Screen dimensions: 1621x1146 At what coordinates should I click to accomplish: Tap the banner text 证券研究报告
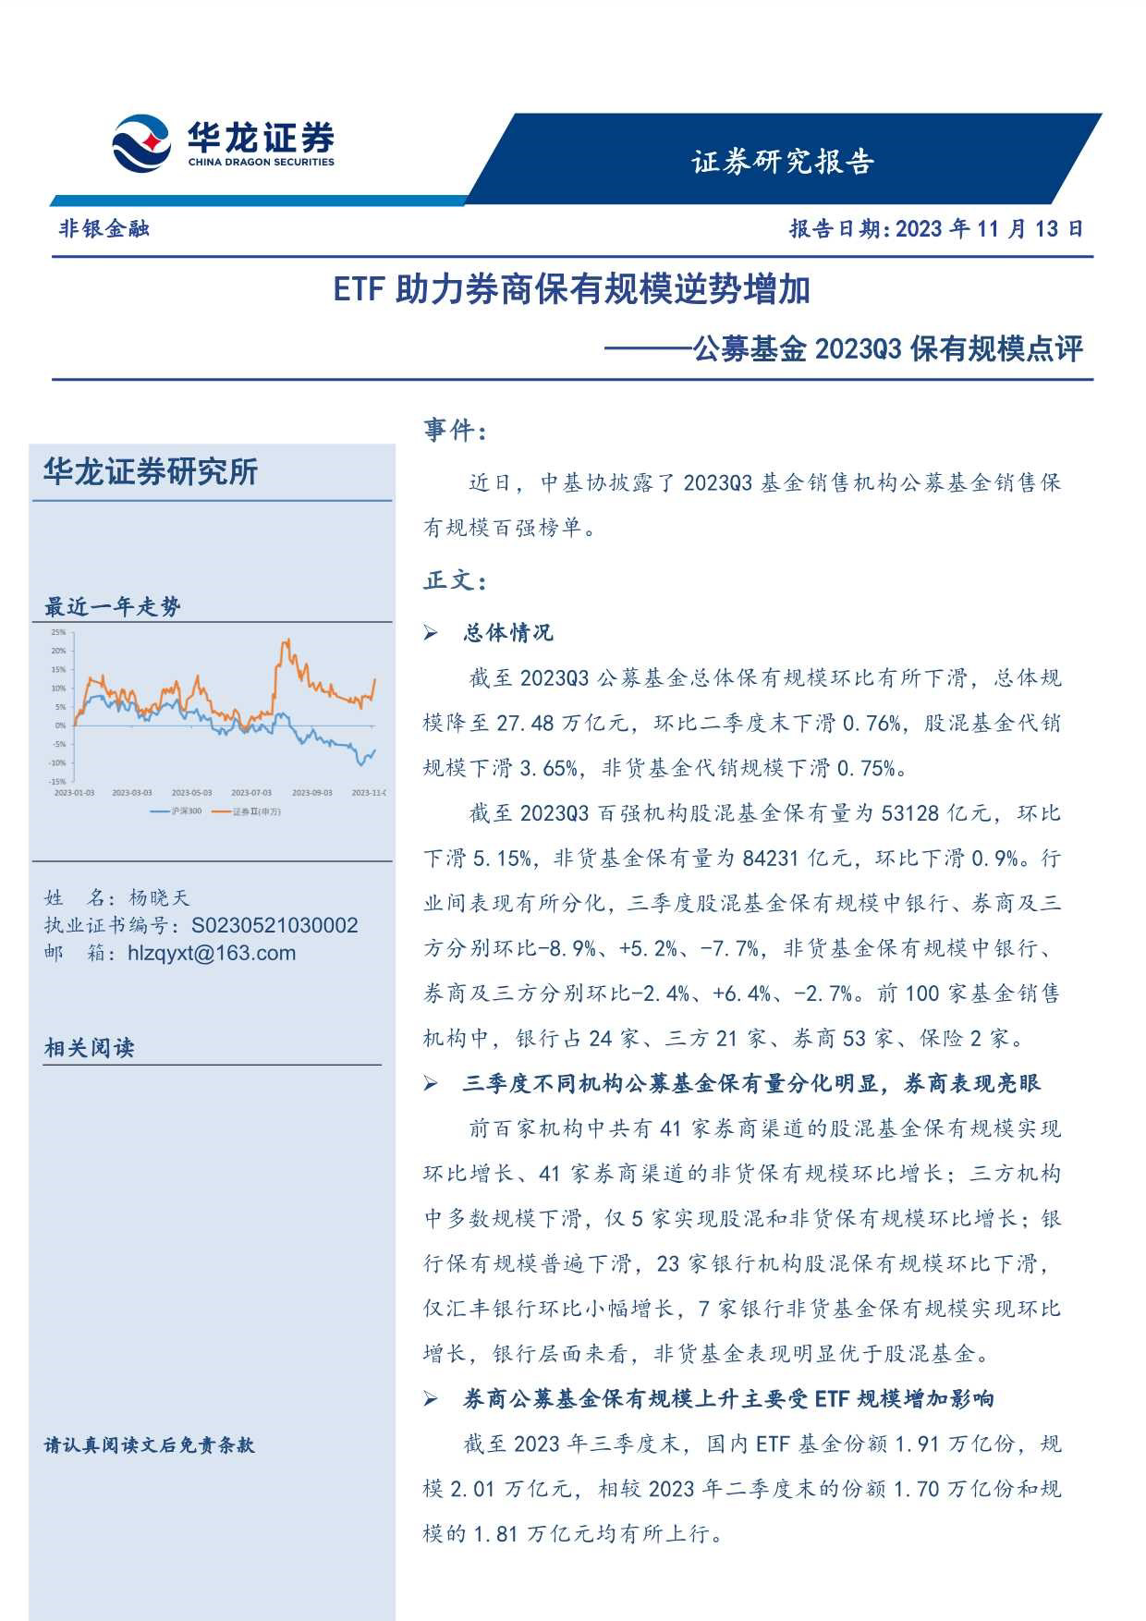point(782,162)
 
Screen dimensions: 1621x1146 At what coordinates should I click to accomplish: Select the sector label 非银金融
point(104,228)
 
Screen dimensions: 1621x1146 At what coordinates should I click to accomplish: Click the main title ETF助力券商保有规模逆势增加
point(571,290)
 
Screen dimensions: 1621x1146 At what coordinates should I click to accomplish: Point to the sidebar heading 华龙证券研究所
point(151,472)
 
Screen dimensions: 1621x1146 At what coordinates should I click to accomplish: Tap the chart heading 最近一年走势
point(112,607)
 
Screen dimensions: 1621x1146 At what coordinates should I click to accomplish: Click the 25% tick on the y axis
point(58,632)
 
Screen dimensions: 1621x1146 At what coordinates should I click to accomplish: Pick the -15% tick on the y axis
point(57,782)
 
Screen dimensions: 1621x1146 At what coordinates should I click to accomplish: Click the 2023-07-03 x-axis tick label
point(251,793)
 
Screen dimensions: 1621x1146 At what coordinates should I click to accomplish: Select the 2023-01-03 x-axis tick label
point(74,793)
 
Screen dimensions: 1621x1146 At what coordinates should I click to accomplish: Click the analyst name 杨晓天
point(158,897)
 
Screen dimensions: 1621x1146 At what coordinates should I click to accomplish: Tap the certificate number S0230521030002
point(274,925)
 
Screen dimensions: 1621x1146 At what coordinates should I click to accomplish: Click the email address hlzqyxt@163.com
point(212,953)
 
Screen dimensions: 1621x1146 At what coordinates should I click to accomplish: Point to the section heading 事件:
point(455,430)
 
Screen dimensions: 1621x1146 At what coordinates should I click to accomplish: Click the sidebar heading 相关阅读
point(89,1048)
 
